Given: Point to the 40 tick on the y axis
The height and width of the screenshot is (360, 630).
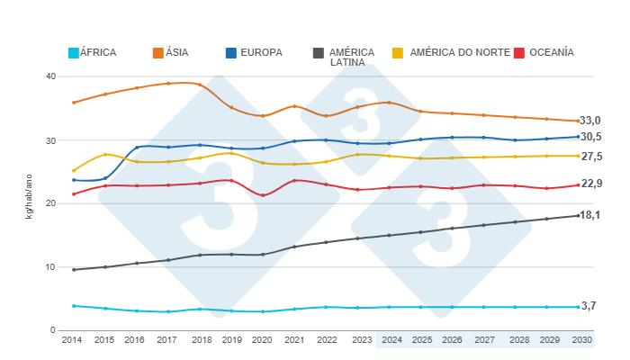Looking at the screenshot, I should click(x=50, y=76).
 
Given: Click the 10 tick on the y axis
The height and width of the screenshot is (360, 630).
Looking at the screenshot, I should click(x=50, y=267).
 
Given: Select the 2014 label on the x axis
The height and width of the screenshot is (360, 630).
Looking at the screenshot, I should click(x=73, y=341).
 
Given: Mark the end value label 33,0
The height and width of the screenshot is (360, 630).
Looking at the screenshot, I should click(x=590, y=121).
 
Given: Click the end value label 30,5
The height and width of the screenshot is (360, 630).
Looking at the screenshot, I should click(x=590, y=137).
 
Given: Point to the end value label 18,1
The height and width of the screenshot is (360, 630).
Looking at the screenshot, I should click(x=590, y=215).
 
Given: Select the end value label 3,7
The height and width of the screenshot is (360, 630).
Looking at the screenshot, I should click(x=589, y=306).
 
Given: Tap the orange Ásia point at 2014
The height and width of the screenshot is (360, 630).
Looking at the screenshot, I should click(x=73, y=103).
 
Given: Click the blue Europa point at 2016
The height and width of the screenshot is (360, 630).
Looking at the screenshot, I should click(x=137, y=148).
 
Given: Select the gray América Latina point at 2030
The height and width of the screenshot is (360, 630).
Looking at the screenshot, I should click(x=578, y=215).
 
